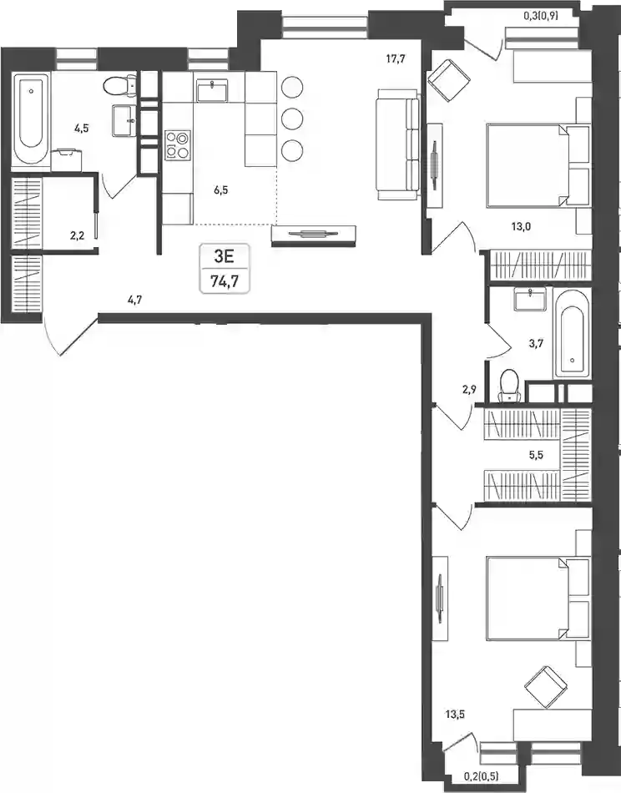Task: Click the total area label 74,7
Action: [x=225, y=281]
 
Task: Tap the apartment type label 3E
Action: [x=225, y=256]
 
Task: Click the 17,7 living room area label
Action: [x=396, y=58]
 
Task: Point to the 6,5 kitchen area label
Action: [x=221, y=190]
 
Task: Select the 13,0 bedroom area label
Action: [x=521, y=226]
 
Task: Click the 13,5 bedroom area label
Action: [x=455, y=715]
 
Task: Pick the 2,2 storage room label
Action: [x=77, y=235]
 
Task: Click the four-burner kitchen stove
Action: [x=178, y=145]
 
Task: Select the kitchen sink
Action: [x=212, y=91]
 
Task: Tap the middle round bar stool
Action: [x=292, y=119]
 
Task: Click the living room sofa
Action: [x=398, y=144]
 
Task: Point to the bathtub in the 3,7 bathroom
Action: [x=572, y=334]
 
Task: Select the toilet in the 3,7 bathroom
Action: [x=508, y=386]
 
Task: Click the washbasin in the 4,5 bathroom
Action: [x=124, y=120]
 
